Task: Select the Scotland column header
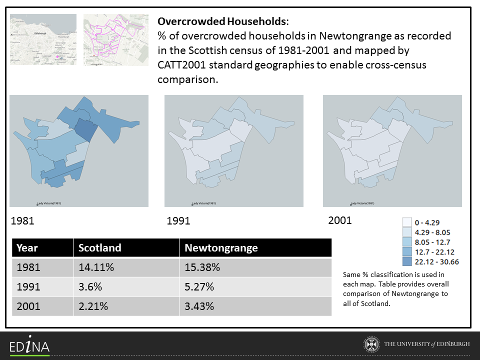[x=100, y=248]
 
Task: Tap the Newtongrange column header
[x=221, y=248]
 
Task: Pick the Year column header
[x=27, y=248]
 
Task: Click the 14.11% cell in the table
[x=96, y=267]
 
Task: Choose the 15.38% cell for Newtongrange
[x=202, y=267]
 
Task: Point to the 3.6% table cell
[x=90, y=287]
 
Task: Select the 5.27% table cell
[x=199, y=287]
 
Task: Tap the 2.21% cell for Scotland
[x=93, y=306]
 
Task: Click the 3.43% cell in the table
[x=199, y=306]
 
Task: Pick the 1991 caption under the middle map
[x=178, y=220]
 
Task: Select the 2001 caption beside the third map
[x=340, y=220]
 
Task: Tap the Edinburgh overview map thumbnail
[x=43, y=39]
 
